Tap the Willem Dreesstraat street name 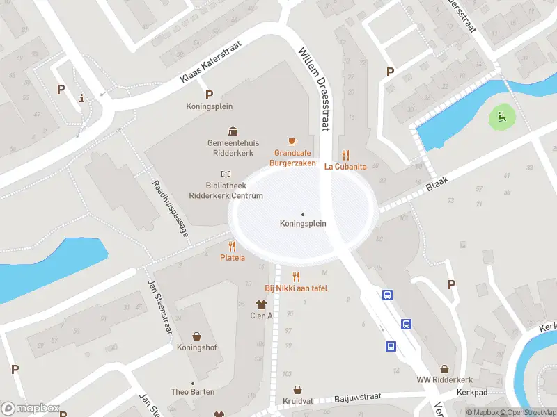313,88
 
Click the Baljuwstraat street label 357,397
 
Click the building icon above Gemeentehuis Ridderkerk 231,131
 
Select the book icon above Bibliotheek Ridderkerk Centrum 225,174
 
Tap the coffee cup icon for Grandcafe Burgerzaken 292,141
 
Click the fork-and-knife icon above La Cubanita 345,155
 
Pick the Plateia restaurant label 233,257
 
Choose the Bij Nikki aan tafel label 296,288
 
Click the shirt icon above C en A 261,304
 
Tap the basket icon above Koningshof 196,336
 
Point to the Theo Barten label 194,392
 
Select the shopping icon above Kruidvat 298,390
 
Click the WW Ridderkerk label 444,379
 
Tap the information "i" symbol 82,98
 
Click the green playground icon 499,117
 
